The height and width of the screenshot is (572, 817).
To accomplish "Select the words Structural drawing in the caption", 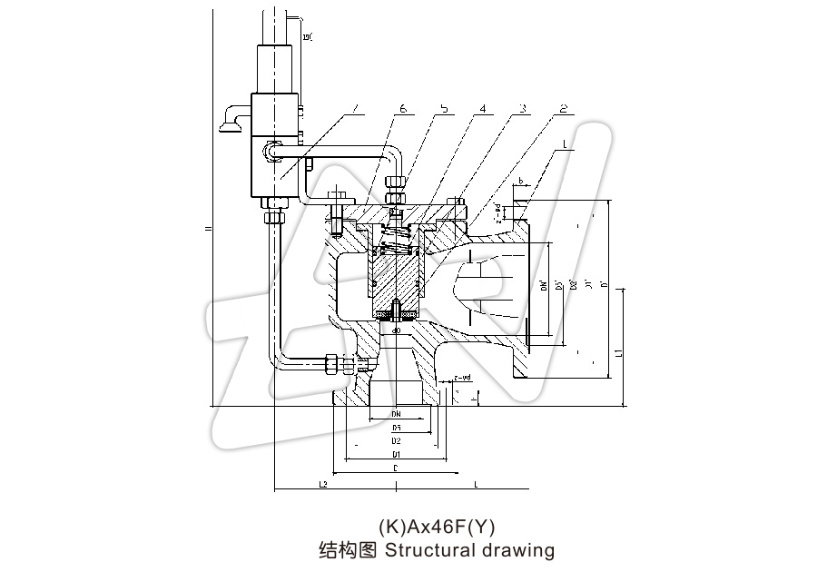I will point(469,550).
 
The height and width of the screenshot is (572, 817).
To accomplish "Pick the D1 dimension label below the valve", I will point(396,453).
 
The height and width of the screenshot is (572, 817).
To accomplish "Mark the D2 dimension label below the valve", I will point(396,440).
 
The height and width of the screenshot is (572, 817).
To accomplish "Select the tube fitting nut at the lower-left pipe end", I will point(334,364).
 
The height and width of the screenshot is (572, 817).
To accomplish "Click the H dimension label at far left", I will point(207,230).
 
